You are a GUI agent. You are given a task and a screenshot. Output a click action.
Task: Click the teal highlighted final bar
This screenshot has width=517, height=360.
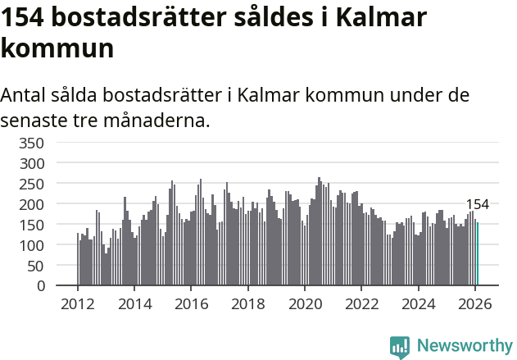pos(478,254)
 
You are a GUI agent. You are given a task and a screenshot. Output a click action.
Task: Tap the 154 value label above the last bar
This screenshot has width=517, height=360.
pos(477,205)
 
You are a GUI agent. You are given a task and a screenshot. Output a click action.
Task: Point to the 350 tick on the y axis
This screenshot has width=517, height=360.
pos(31,143)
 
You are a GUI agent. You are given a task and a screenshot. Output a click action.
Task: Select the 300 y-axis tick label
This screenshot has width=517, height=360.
pos(31,163)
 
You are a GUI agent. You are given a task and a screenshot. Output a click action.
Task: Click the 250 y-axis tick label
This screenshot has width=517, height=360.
pos(31,184)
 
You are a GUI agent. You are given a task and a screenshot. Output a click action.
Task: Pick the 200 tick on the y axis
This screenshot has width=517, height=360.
pos(31,204)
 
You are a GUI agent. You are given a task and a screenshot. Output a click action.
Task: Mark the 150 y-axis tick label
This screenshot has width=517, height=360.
pos(31,225)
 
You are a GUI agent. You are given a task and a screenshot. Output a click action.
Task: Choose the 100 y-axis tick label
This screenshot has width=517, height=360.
pos(31,245)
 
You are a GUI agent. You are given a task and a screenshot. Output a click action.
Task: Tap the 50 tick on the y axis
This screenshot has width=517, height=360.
pos(35,266)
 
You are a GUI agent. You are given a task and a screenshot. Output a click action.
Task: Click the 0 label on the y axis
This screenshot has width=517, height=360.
pos(39,286)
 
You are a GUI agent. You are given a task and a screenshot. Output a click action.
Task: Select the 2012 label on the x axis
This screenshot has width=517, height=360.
pos(78,304)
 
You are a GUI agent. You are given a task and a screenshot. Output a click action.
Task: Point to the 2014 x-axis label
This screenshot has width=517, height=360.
pos(134,304)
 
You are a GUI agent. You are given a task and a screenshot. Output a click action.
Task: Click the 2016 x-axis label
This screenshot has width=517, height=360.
pos(191,304)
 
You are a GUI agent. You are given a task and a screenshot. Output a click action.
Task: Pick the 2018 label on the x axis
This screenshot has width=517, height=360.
pos(247,304)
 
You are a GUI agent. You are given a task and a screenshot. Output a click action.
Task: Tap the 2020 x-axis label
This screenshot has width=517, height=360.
pos(304,304)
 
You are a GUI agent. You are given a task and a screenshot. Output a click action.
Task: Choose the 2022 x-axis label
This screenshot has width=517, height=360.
pos(361,304)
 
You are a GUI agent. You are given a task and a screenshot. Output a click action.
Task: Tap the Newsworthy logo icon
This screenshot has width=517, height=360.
pos(400,347)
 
